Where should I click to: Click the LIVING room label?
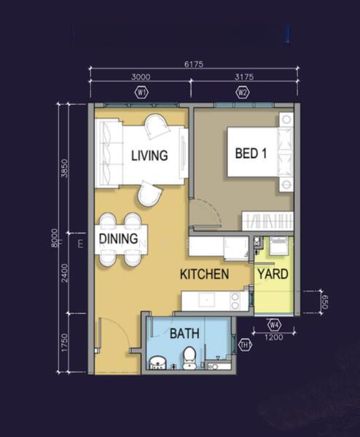pos(149,156)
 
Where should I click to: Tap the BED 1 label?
pos(251,154)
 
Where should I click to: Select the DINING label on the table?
pos(119,239)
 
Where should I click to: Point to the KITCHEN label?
pos(204,275)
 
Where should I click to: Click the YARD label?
pos(273,275)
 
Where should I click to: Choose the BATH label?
pos(184,334)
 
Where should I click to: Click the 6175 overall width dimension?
pos(194,64)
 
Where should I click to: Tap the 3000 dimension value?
pos(141,77)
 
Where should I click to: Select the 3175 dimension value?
pos(244,77)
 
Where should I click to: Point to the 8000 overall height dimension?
pos(55,237)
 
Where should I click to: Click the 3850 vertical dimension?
pos(64,168)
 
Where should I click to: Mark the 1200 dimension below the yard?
pos(273,337)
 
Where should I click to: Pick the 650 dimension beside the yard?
pos(324,302)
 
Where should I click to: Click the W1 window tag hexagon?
pos(141,92)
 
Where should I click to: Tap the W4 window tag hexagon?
pos(275,325)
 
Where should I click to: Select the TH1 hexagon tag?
pos(245,345)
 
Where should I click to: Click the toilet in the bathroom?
pos(189,358)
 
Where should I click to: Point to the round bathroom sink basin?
pos(158,363)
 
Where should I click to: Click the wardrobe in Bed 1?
pos(267,221)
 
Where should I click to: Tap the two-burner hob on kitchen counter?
pos(235,301)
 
